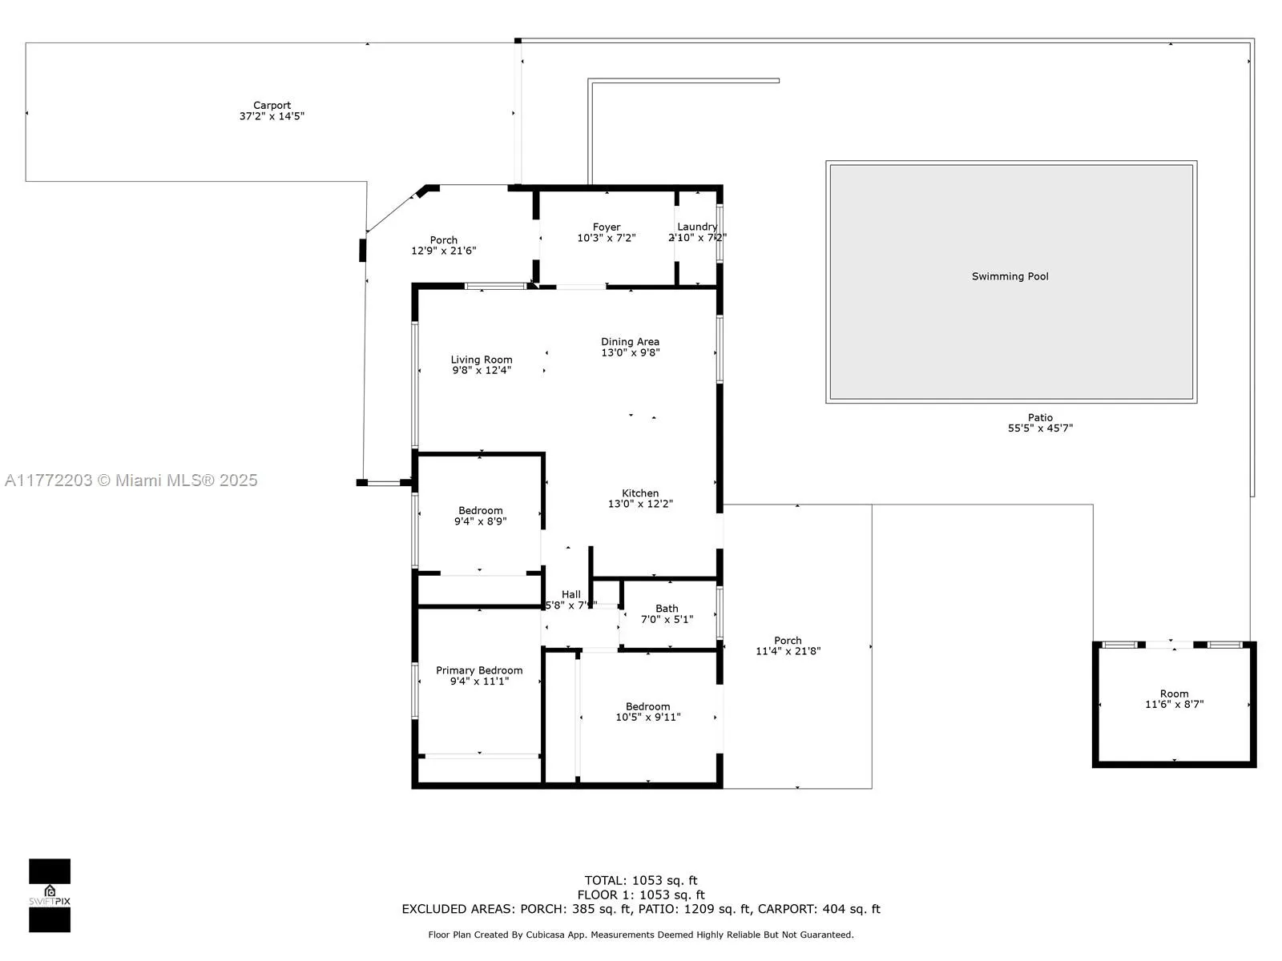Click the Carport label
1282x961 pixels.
pos(272,106)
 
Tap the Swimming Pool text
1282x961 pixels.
pos(1010,276)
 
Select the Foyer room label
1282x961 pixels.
pos(607,227)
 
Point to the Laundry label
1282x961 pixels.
pos(697,227)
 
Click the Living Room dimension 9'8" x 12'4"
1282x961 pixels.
pos(481,371)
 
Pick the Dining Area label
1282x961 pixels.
pos(630,342)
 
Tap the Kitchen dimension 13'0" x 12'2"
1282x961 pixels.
pos(640,504)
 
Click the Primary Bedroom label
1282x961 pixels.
pos(479,670)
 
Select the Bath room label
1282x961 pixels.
pos(667,609)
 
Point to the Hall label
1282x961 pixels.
pos(571,594)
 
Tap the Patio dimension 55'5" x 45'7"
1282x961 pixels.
pos(1040,428)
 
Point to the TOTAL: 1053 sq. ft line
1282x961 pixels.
pos(641,880)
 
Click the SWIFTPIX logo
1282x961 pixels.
pos(50,895)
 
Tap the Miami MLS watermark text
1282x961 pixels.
pos(131,480)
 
